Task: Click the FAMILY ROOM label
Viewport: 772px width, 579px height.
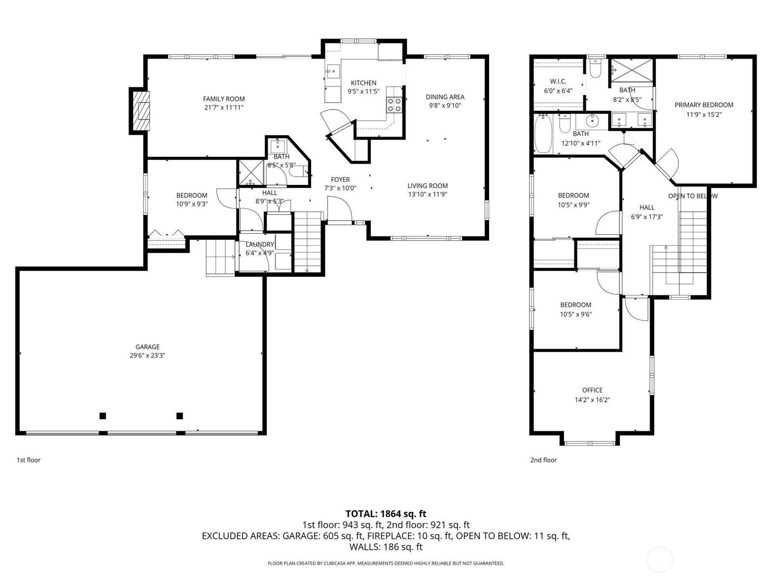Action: (x=223, y=99)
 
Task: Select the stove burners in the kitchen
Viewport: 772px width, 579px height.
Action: (x=394, y=105)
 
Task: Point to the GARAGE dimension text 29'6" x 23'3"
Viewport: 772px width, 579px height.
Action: (x=147, y=356)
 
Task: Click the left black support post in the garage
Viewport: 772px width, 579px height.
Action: (x=102, y=416)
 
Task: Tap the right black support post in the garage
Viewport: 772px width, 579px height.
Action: (x=179, y=416)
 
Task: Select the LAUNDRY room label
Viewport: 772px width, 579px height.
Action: (x=260, y=245)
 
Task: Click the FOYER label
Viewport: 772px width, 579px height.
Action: (x=340, y=179)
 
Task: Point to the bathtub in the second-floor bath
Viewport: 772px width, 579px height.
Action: (x=543, y=134)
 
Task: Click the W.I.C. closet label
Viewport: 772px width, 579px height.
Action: (x=558, y=82)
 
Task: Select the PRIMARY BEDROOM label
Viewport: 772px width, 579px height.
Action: (x=703, y=105)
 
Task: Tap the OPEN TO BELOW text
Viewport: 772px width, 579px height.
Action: (x=692, y=196)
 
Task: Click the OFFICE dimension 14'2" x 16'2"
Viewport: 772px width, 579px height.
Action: (x=592, y=400)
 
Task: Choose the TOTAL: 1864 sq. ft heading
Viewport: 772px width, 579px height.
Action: (x=386, y=514)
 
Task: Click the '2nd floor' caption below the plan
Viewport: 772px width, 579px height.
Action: (x=543, y=460)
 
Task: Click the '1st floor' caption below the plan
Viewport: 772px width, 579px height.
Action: (x=28, y=460)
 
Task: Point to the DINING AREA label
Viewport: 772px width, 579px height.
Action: (x=445, y=97)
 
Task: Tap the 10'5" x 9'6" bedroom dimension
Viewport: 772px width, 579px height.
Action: (x=576, y=314)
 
